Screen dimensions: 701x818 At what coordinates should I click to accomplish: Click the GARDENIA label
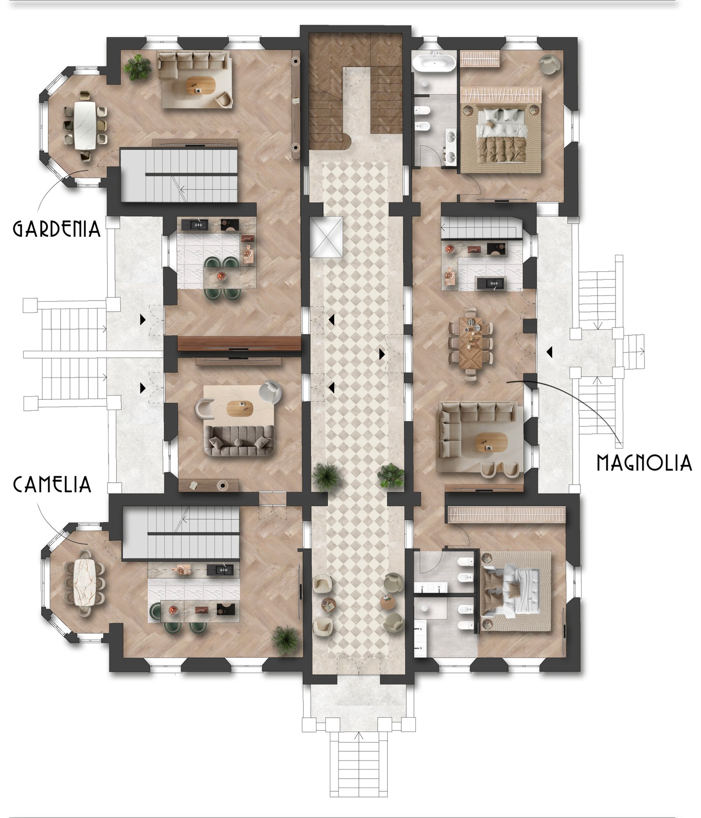pos(57,229)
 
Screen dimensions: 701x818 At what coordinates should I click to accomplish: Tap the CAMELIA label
pos(52,484)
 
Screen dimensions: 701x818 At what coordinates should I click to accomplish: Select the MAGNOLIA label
pos(644,463)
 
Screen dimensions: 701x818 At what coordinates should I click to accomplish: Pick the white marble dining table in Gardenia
pos(85,125)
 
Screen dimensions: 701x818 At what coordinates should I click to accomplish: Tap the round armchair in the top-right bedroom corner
pos(549,64)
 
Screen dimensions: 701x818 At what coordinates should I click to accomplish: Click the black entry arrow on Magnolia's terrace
pos(549,352)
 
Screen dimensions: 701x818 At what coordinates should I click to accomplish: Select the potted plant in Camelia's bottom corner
pos(286,641)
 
